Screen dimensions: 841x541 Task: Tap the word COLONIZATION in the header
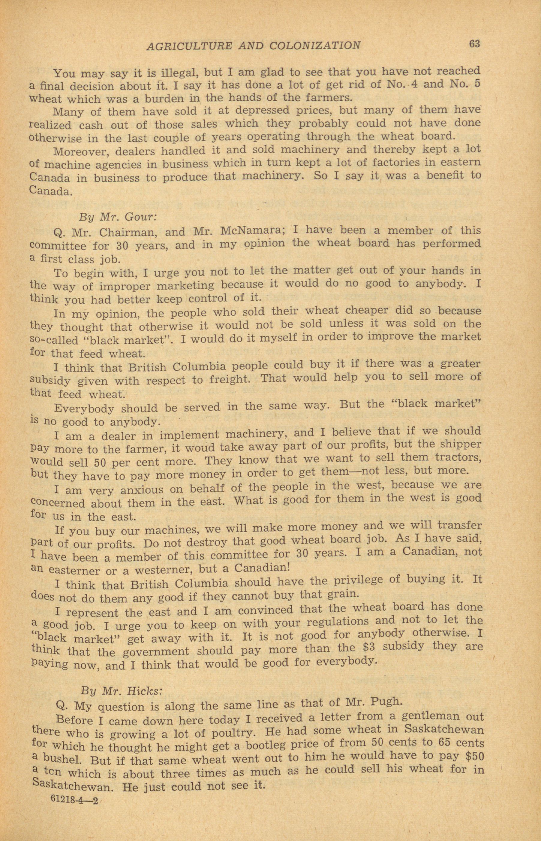(x=315, y=46)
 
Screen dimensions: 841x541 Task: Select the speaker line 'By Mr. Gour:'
(x=117, y=217)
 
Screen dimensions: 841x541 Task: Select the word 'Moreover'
(x=80, y=152)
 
